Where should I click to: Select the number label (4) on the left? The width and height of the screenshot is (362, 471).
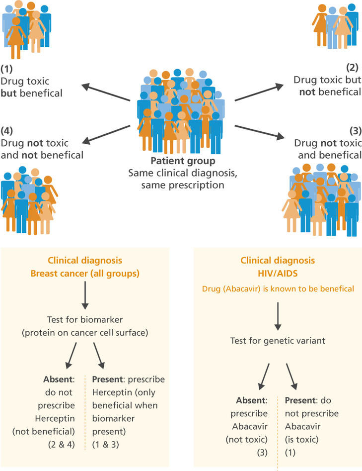click(7, 132)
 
